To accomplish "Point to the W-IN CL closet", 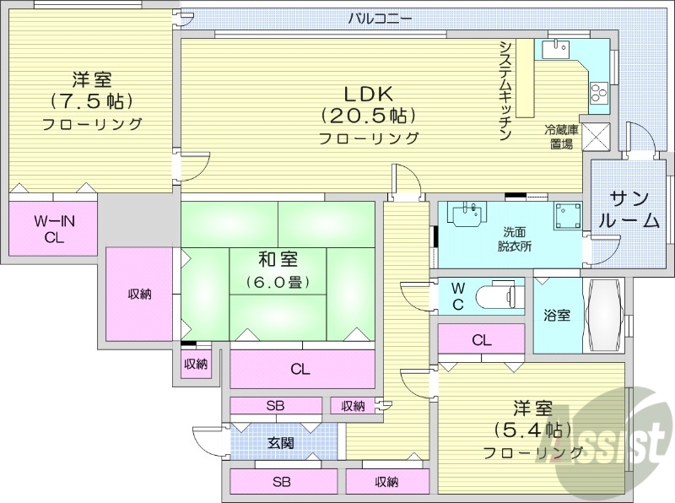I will [x=54, y=229].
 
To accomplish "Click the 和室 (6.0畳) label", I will [x=277, y=269].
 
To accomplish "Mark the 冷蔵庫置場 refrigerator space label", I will [x=559, y=137].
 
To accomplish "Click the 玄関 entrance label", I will [x=281, y=442].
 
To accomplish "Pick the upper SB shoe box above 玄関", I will [x=276, y=406].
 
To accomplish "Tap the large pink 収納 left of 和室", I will [x=139, y=294].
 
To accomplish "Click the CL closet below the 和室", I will [x=301, y=369].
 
